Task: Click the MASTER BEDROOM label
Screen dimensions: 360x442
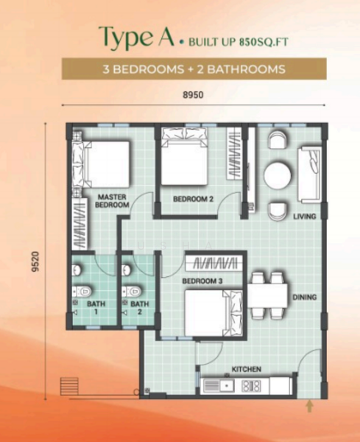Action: click(112, 200)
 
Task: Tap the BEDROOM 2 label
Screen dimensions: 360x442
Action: click(193, 199)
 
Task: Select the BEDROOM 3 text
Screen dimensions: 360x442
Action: click(202, 281)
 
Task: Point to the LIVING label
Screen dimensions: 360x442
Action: click(305, 217)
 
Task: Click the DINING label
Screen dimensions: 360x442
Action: click(305, 297)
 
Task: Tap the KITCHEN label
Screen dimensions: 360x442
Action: click(246, 369)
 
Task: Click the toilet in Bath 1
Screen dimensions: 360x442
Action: click(82, 291)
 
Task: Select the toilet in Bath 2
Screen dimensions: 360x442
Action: click(132, 291)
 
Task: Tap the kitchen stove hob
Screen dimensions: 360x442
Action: click(251, 386)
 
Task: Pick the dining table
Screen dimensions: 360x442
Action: click(267, 295)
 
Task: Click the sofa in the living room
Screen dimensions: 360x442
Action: click(310, 175)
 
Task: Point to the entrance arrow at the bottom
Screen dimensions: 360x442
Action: click(310, 406)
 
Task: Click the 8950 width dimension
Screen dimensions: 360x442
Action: click(193, 95)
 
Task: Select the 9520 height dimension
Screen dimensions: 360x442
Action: click(35, 262)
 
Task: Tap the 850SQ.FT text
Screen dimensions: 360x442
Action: click(264, 42)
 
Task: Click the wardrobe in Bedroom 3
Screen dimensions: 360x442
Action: click(214, 263)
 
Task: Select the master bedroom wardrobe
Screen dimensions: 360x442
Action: click(79, 223)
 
